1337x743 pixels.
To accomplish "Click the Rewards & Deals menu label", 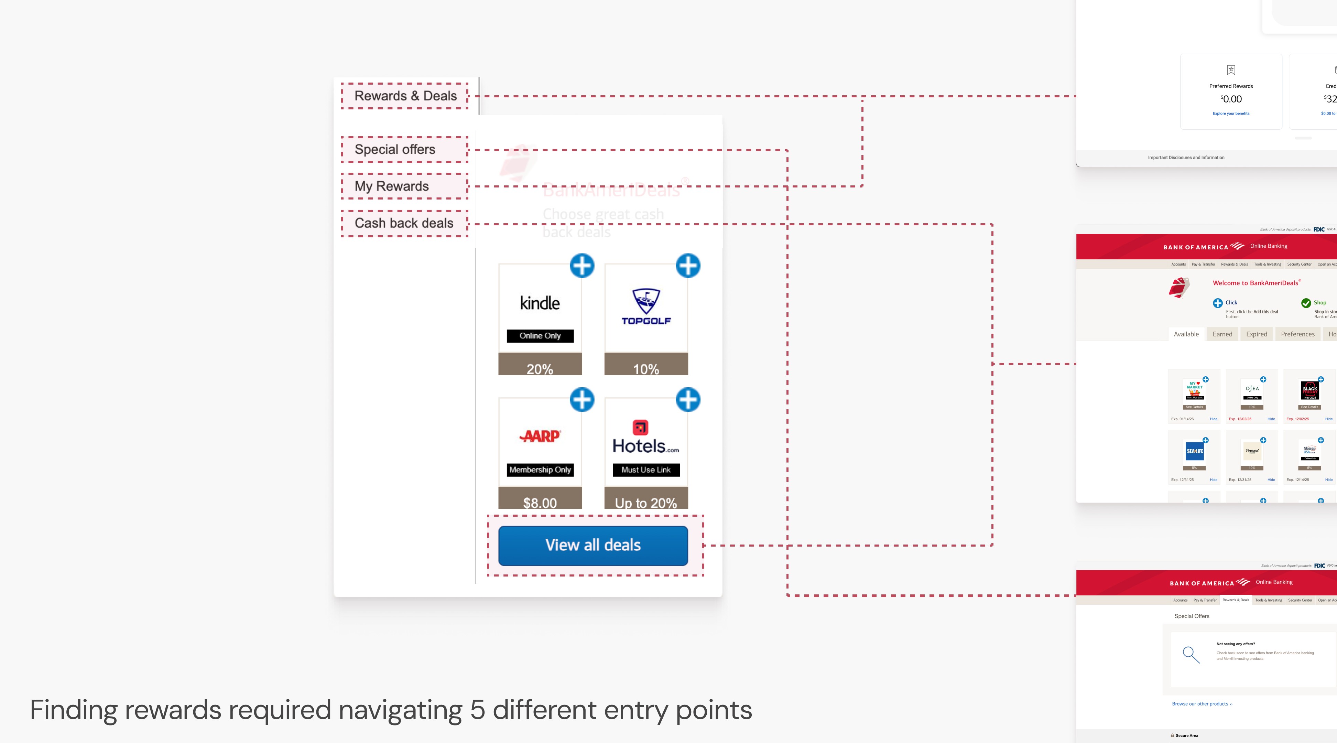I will click(405, 96).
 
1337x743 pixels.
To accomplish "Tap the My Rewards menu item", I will click(391, 186).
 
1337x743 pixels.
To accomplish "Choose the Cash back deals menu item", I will click(404, 223).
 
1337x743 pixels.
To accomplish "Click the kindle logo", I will click(540, 303).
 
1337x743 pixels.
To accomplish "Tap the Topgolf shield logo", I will click(646, 301).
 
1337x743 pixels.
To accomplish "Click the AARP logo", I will click(540, 436).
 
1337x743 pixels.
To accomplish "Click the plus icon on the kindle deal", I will click(582, 266).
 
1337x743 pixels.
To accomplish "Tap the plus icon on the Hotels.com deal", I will click(688, 400).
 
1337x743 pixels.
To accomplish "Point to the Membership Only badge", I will click(540, 470).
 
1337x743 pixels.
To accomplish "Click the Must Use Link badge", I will click(646, 470).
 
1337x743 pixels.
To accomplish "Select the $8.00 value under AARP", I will click(540, 503).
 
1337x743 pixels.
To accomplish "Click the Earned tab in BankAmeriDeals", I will click(1222, 334).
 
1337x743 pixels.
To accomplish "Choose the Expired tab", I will click(1257, 334).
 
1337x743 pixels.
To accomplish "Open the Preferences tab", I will click(1297, 334).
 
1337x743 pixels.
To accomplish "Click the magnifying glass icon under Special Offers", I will click(1191, 655).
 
